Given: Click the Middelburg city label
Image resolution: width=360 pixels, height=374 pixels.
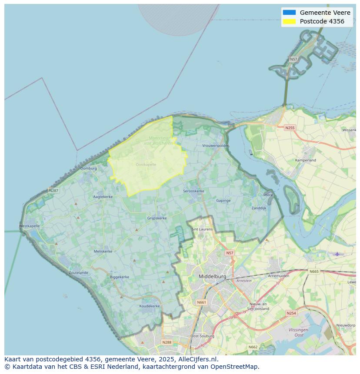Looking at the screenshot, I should [x=212, y=276].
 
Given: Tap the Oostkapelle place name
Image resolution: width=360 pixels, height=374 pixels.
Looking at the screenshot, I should [x=146, y=165].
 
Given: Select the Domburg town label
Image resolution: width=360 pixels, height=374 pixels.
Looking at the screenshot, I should [x=89, y=169].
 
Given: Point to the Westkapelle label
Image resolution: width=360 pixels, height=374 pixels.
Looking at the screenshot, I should [x=30, y=226].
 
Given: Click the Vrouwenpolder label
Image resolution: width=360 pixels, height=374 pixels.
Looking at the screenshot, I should [x=215, y=146].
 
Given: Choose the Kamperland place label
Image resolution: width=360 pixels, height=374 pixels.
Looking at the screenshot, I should [x=306, y=160].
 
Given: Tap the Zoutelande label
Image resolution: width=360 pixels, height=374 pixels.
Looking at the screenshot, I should [x=78, y=273].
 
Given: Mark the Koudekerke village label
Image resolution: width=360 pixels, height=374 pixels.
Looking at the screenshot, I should [x=149, y=306].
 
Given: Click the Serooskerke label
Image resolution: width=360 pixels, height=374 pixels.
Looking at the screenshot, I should [x=193, y=191].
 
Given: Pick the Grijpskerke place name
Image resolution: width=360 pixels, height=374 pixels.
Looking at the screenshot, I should [x=157, y=218].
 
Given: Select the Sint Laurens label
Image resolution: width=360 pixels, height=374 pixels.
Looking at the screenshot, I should [x=202, y=229].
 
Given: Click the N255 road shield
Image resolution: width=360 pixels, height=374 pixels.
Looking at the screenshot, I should [x=290, y=128].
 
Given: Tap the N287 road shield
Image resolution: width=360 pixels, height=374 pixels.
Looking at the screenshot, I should [x=53, y=190].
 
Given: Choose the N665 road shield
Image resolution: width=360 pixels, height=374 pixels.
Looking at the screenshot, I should [x=314, y=271].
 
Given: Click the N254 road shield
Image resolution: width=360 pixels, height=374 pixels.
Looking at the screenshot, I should [x=291, y=313].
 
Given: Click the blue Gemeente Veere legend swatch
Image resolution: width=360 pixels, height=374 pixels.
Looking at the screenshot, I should [x=289, y=13].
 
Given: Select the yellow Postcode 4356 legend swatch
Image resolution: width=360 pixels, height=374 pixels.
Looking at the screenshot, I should [x=289, y=21].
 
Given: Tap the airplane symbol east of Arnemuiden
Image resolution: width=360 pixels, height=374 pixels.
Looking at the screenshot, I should [x=337, y=254].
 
